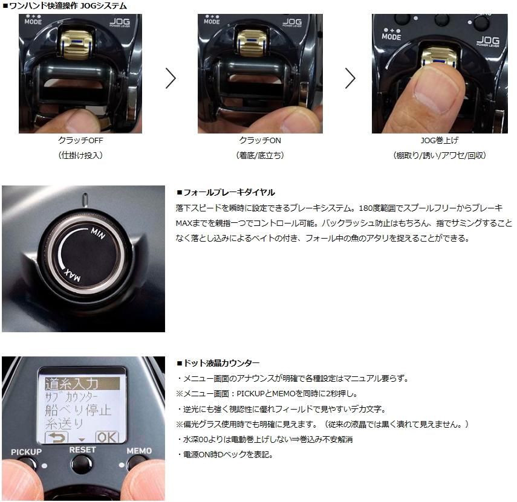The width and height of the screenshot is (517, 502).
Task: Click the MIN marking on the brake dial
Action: click(98, 233)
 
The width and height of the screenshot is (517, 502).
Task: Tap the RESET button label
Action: click(82, 450)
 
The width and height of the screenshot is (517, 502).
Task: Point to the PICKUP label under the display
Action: click(27, 452)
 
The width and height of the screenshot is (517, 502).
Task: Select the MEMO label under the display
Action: click(139, 451)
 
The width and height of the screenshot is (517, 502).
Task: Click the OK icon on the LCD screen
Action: click(107, 437)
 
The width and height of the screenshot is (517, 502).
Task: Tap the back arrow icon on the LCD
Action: click(57, 438)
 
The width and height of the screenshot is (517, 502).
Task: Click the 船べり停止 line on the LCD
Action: click(78, 410)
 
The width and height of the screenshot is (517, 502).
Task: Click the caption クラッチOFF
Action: click(80, 141)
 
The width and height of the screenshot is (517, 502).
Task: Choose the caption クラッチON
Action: click(260, 141)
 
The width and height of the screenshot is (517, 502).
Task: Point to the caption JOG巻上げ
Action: click(440, 141)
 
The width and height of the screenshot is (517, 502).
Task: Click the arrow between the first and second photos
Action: click(171, 79)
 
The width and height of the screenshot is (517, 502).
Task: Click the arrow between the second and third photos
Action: click(350, 79)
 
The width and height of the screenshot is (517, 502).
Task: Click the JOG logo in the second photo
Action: click(293, 22)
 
